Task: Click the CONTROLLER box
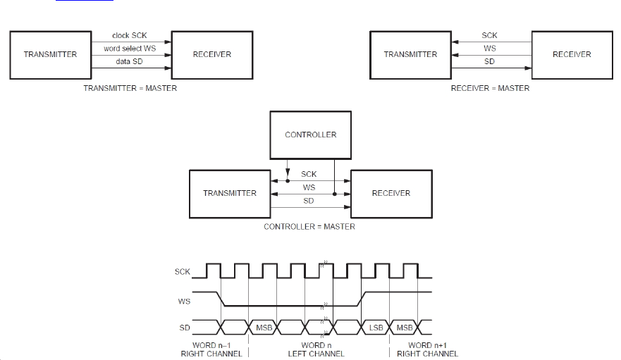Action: click(x=310, y=135)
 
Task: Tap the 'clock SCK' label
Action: click(x=130, y=36)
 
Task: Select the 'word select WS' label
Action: click(x=130, y=49)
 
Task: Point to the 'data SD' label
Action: click(x=130, y=63)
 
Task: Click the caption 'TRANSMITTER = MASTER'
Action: click(x=130, y=88)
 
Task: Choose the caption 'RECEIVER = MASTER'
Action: click(x=490, y=88)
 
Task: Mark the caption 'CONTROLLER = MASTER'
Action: click(x=309, y=227)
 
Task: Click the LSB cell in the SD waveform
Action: click(x=376, y=328)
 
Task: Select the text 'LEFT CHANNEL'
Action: click(x=316, y=354)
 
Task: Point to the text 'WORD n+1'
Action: click(x=430, y=345)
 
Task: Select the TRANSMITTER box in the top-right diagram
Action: click(x=410, y=54)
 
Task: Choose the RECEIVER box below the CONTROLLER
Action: click(x=391, y=193)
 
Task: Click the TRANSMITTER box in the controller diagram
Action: click(x=230, y=193)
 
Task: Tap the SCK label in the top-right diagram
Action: click(x=490, y=35)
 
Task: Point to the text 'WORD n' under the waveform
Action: click(x=316, y=345)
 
